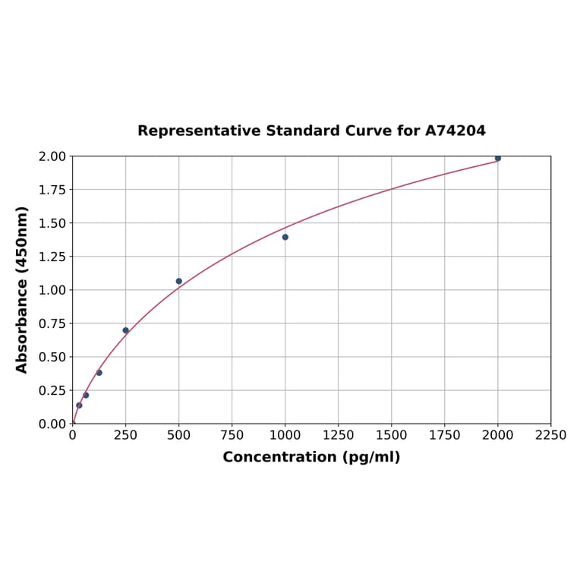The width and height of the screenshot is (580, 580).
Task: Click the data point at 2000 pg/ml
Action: coord(498,158)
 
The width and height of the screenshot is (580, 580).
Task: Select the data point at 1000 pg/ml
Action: coord(285,237)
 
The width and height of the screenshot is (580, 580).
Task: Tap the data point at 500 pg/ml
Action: coord(179,281)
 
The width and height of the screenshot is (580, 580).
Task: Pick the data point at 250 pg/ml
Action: coord(126,330)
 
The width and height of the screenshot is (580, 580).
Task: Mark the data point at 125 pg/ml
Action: coord(99,373)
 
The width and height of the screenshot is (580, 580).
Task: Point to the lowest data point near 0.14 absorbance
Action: coord(79,405)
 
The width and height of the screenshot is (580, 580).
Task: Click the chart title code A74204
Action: coord(455,131)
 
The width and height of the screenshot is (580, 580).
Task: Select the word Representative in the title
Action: coord(200,131)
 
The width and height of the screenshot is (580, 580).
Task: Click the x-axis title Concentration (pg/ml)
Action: coord(311,457)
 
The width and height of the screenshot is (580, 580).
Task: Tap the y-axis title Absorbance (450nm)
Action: coord(22,289)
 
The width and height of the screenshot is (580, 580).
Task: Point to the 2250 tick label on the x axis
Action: coord(550,435)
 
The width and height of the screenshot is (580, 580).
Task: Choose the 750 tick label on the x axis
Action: coord(232,435)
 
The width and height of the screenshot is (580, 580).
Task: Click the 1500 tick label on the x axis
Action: coord(392,435)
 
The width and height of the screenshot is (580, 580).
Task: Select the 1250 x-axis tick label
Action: coord(339,435)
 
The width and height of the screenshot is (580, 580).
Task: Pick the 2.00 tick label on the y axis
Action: coord(52,156)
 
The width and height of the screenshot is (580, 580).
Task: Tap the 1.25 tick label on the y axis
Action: coord(52,257)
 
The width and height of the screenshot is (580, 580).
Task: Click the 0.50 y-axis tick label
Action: coord(52,357)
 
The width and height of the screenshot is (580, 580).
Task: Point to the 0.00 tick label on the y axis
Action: coord(52,424)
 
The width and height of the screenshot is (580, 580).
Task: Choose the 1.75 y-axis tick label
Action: coord(52,190)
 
